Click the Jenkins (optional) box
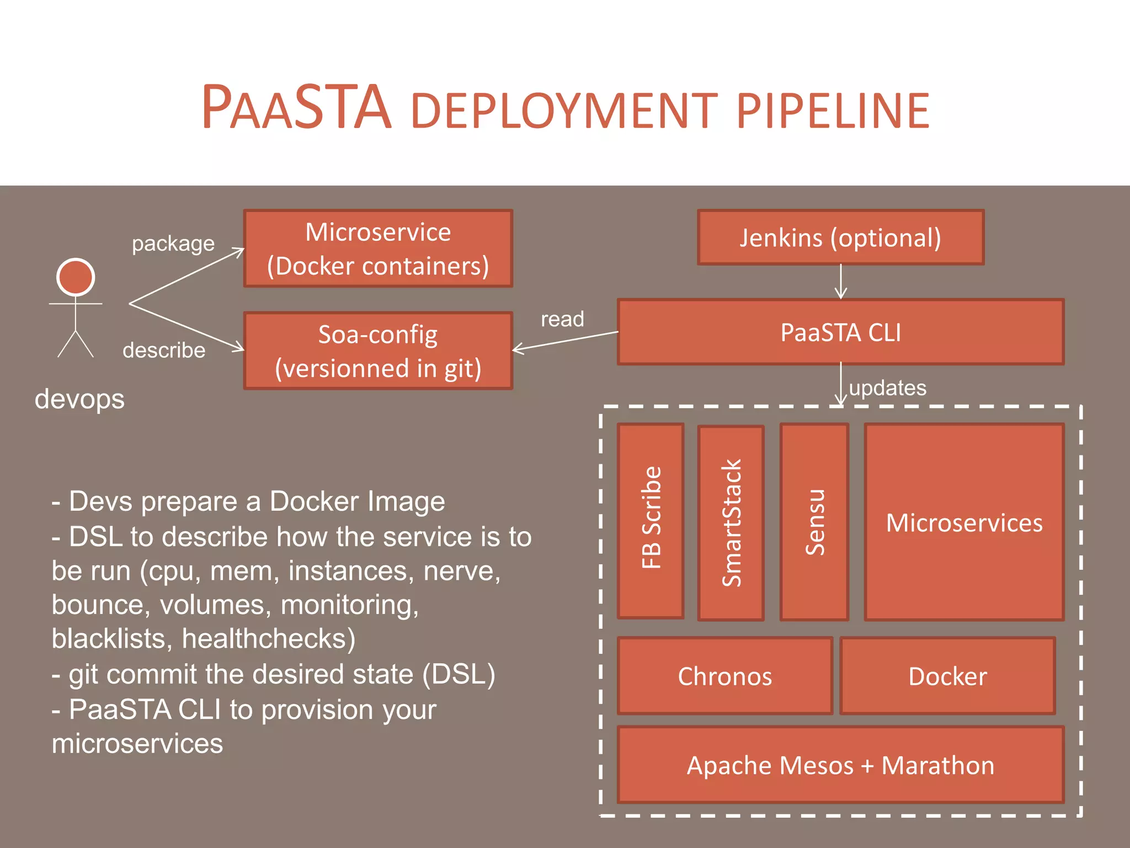click(840, 237)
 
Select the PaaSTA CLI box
click(840, 332)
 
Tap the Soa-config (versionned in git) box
click(378, 351)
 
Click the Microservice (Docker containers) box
click(378, 248)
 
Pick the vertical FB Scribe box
click(651, 521)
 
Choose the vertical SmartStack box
click(731, 523)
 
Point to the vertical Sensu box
click(814, 522)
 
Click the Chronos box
click(724, 676)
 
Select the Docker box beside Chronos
click(947, 676)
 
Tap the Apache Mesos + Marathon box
click(840, 765)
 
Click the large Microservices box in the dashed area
click(964, 522)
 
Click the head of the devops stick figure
click(76, 277)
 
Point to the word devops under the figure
click(79, 399)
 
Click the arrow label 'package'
click(173, 243)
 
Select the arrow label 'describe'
click(164, 350)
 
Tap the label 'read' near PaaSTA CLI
click(562, 319)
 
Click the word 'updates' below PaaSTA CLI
click(887, 388)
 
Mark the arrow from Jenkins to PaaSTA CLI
click(840, 282)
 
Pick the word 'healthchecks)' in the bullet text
click(269, 639)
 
